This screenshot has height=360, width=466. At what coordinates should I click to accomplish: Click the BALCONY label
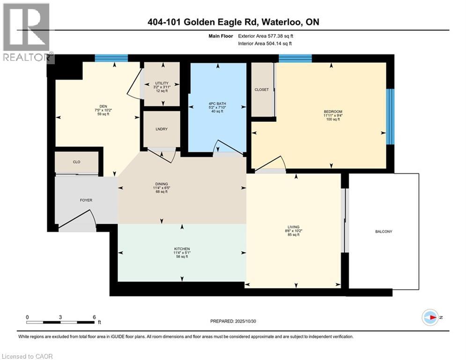[x=384, y=232]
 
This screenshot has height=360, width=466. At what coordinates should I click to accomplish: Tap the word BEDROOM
[x=333, y=112]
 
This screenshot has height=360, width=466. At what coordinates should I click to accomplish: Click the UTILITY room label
[x=162, y=83]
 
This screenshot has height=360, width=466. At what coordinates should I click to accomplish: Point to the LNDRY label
[x=162, y=129]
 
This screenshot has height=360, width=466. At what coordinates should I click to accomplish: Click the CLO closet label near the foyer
[x=76, y=162]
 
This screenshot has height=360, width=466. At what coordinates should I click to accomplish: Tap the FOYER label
[x=86, y=200]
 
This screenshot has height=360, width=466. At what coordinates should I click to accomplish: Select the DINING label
[x=162, y=184]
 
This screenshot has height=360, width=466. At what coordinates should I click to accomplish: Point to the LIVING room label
[x=294, y=227]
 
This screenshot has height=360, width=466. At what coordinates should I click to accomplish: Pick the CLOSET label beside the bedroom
[x=262, y=90]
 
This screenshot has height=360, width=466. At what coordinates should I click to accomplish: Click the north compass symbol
[x=430, y=317]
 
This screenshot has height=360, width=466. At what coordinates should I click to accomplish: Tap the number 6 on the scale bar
[x=94, y=317]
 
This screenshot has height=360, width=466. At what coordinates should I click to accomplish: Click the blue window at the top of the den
[x=111, y=58]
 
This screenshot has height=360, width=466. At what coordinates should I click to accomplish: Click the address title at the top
[x=233, y=22]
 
